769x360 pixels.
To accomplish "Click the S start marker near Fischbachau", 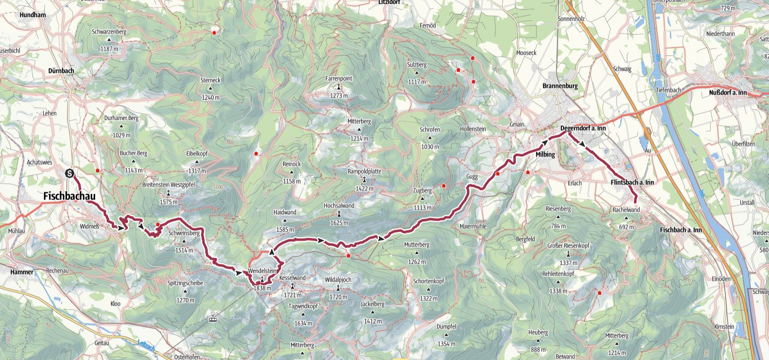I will point(70,174).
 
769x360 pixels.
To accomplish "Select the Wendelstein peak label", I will point(262,271).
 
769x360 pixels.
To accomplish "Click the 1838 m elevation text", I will point(262,288).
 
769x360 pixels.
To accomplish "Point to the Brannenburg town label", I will point(560,86).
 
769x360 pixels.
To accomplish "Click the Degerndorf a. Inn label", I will point(583,128).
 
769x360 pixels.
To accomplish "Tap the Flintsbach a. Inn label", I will point(632,182).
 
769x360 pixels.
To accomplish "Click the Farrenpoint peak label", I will point(339,78).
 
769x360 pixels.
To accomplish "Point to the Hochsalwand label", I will point(339,205).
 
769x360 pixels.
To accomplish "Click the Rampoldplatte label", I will point(364,171).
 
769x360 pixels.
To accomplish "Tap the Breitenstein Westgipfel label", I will point(168,185).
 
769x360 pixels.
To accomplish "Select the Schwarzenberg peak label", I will point(109,32).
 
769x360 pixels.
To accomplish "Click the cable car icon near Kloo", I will point(213,317).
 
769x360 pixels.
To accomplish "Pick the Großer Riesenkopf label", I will point(568,245).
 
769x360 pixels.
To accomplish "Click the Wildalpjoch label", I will point(338,280).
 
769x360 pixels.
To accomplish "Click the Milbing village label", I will point(545,155).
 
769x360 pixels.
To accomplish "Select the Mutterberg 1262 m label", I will point(417,244).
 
